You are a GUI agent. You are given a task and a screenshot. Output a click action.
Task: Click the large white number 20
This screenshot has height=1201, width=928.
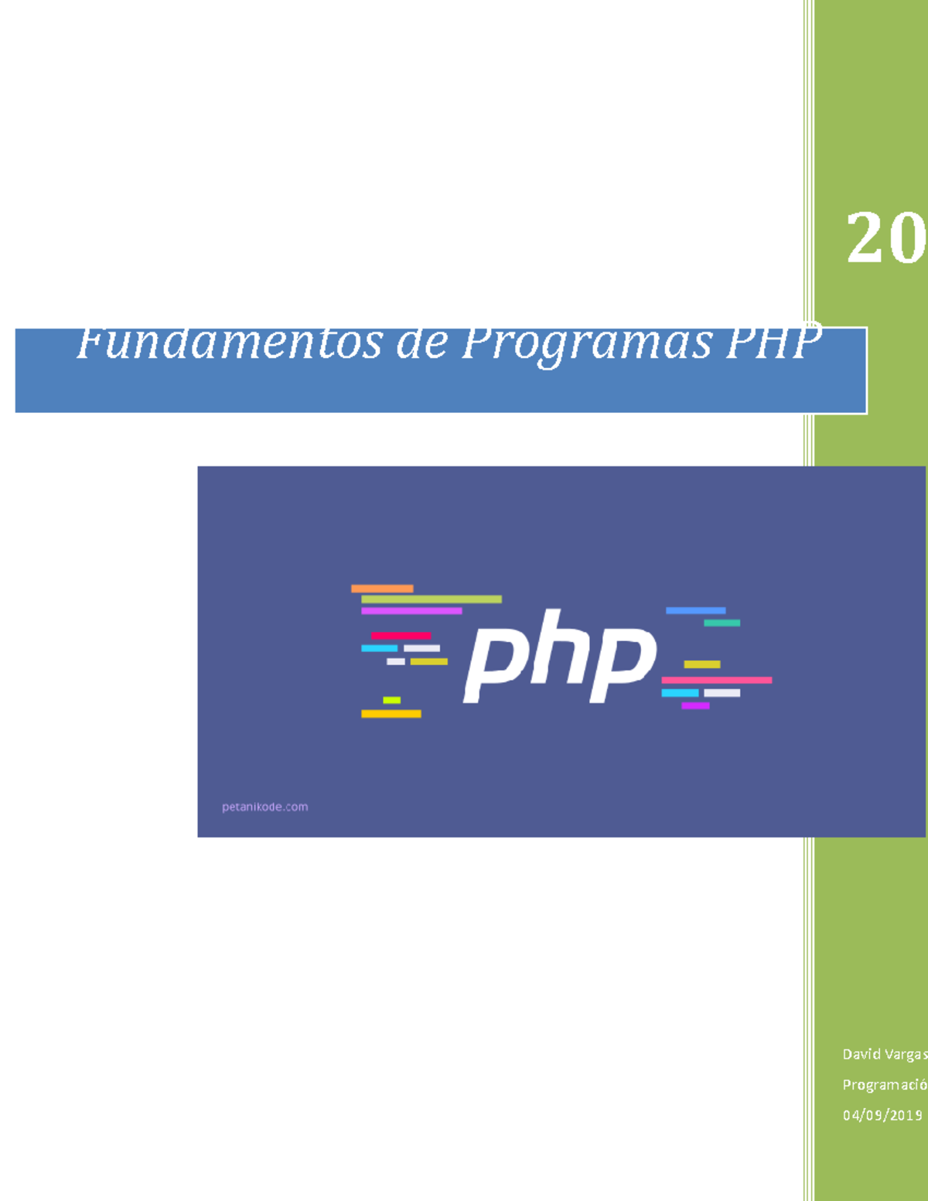885,238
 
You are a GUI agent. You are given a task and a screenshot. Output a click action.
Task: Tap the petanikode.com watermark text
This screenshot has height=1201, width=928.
264,807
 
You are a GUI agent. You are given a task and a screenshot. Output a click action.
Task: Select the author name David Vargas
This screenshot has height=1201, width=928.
884,1054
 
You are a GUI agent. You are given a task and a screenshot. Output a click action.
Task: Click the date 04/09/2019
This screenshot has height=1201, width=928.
882,1115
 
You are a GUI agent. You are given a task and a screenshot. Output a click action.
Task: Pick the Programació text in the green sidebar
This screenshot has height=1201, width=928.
884,1085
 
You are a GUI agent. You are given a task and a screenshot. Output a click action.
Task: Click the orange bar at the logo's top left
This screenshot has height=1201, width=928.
382,589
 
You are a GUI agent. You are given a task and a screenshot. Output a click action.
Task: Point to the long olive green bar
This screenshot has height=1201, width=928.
431,599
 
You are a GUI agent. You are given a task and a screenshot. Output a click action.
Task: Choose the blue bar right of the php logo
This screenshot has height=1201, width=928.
695,611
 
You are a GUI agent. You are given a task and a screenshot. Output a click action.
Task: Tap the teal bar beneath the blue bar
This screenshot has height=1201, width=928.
722,623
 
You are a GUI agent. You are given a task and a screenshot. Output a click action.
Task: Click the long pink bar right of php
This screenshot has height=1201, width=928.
716,680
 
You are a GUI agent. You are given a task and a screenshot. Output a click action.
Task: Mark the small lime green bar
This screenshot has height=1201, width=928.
391,700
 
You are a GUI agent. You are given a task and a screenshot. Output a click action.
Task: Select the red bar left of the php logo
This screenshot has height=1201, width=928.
400,636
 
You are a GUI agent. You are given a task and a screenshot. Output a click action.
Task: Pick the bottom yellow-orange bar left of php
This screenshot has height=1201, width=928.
391,714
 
